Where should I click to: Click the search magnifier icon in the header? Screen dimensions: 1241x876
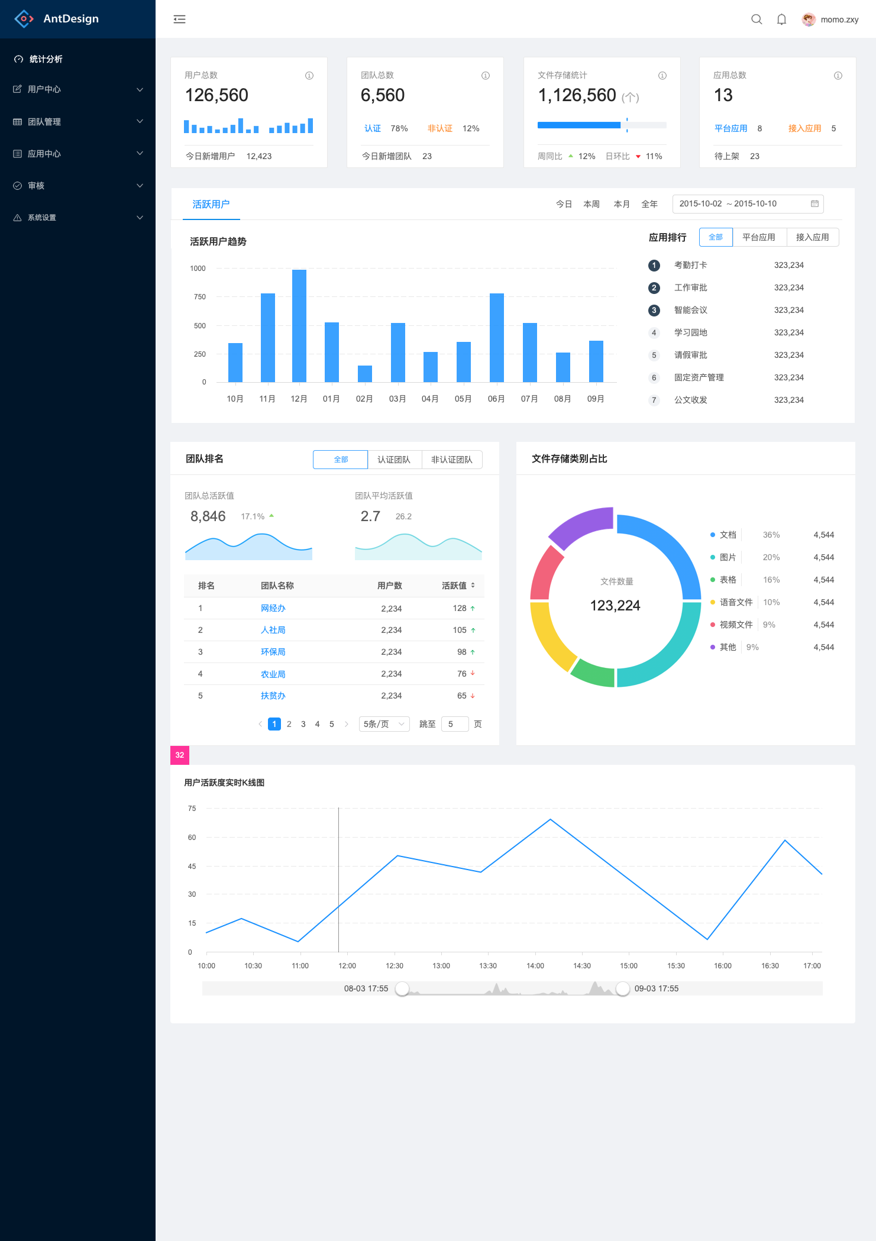757,20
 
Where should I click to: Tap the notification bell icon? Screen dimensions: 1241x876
781,20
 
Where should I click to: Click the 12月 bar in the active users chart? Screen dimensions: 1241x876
299,325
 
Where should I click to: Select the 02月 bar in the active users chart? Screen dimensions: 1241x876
365,374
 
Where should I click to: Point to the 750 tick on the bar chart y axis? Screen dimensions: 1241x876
200,297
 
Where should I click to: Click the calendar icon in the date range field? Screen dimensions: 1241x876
814,204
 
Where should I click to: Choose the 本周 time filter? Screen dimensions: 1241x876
591,204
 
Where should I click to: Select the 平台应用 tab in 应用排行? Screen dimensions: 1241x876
759,237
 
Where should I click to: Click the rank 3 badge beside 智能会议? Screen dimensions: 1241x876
654,310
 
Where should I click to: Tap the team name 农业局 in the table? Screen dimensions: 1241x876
273,674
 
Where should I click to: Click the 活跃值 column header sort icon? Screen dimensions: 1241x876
473,586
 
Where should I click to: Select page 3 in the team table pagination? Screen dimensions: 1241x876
303,724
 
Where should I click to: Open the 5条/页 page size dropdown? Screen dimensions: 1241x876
384,724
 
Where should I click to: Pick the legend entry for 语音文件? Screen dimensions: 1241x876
736,602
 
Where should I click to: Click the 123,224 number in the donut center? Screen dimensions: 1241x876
615,606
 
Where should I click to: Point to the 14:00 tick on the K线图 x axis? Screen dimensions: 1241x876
535,965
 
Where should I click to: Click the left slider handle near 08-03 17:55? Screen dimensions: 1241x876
402,988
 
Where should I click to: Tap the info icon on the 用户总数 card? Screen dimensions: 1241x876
309,76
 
